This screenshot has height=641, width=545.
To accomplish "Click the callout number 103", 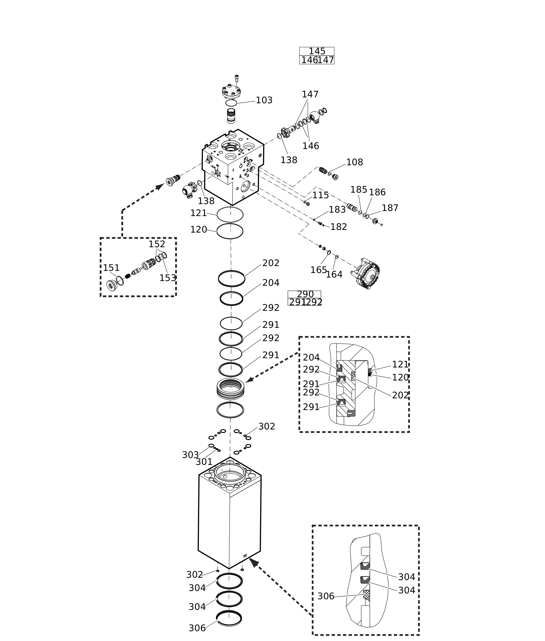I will pyautogui.click(x=264, y=100).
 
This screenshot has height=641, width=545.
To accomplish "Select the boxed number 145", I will pyautogui.click(x=317, y=51).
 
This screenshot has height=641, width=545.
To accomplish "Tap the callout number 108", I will pyautogui.click(x=354, y=162).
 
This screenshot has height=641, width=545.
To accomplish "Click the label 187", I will pyautogui.click(x=390, y=208).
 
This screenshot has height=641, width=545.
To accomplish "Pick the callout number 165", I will pyautogui.click(x=318, y=270).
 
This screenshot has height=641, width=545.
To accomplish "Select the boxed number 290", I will pyautogui.click(x=305, y=294).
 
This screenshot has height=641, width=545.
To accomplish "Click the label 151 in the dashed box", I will pyautogui.click(x=111, y=268).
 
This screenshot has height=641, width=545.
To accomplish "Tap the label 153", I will pyautogui.click(x=167, y=278).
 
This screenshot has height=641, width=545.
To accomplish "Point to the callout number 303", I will pyautogui.click(x=190, y=455).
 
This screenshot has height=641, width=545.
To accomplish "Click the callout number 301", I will pyautogui.click(x=204, y=462).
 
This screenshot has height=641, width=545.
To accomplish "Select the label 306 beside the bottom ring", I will pyautogui.click(x=197, y=628).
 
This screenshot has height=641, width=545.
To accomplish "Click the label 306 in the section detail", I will pyautogui.click(x=326, y=597).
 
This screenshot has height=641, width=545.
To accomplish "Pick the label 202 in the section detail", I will pyautogui.click(x=400, y=395).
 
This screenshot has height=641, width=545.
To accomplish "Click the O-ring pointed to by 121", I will pyautogui.click(x=230, y=214).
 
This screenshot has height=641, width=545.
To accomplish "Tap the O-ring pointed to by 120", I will pyautogui.click(x=230, y=231).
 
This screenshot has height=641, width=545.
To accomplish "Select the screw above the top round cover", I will pyautogui.click(x=237, y=78).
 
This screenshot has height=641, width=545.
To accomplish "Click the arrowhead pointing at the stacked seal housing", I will pyautogui.click(x=249, y=381).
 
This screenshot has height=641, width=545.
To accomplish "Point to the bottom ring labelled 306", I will pyautogui.click(x=229, y=618).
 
